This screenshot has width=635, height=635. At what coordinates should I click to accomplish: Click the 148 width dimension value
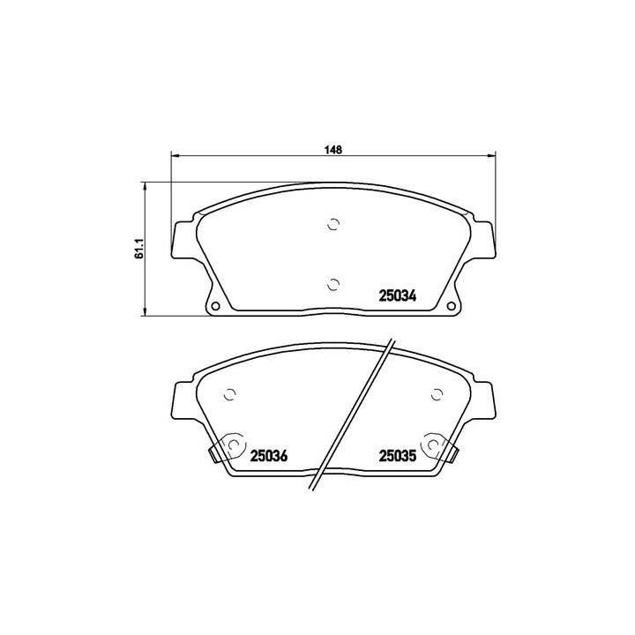(332, 150)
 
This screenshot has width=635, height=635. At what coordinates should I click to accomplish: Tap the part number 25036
(269, 456)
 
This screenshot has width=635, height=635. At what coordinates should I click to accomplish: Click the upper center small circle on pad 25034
(332, 224)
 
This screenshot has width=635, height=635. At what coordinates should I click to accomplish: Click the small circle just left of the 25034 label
(332, 283)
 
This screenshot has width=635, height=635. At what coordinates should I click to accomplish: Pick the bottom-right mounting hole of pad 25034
(450, 307)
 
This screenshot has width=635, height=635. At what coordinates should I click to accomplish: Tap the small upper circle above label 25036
(230, 395)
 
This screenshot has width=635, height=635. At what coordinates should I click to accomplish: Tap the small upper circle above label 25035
(436, 395)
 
